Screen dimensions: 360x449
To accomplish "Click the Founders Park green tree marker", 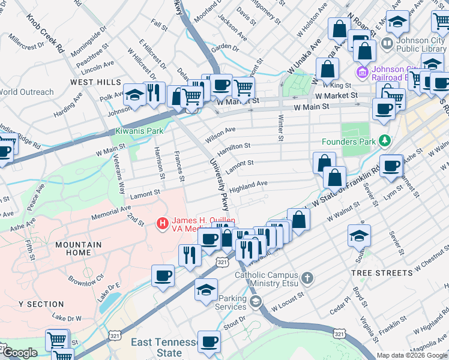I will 384,142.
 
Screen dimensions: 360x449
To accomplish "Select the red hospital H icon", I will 161,224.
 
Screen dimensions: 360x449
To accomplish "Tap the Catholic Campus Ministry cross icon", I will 307,277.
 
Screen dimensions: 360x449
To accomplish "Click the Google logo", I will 20,353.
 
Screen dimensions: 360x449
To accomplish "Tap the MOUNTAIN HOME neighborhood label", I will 78,249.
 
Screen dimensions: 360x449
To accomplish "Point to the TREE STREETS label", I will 381,272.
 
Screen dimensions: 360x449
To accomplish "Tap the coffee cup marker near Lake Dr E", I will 163,275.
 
